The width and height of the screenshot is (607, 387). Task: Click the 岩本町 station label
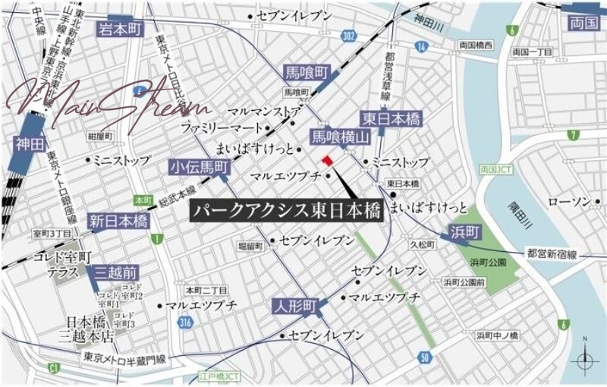click(x=120, y=30)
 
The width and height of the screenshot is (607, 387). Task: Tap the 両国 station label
click(x=584, y=24)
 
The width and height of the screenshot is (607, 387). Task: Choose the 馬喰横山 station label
click(x=340, y=137)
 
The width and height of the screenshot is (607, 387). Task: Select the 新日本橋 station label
click(x=118, y=221)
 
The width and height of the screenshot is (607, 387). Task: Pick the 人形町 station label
click(x=296, y=306)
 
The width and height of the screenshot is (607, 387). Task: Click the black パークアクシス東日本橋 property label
click(x=286, y=210)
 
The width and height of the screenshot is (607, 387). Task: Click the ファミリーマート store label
click(x=219, y=127)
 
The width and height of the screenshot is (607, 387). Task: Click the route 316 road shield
click(x=184, y=323)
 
